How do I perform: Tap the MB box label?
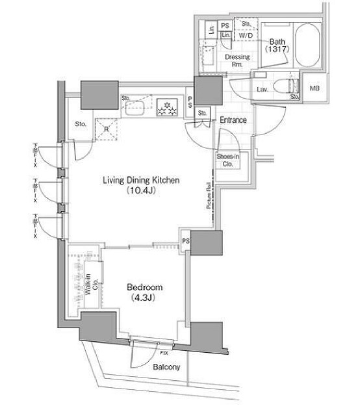point(315,88)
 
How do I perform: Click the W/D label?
point(245,36)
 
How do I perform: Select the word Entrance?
point(233,120)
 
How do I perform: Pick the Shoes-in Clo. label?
point(227,160)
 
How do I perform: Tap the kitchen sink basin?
point(137,107)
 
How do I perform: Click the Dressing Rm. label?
point(237,60)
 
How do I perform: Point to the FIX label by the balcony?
point(164,352)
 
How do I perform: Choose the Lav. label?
point(263,89)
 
